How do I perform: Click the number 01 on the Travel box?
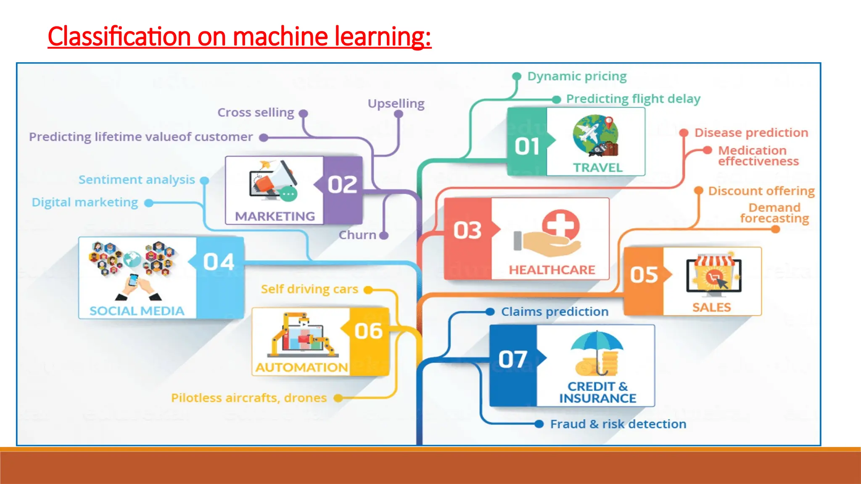point(527,147)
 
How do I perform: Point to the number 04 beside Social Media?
point(218,262)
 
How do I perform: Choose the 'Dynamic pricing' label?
point(577,76)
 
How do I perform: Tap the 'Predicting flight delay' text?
point(633,99)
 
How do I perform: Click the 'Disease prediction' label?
point(751,133)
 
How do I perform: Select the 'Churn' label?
point(357,235)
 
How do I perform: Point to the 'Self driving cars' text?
point(309,289)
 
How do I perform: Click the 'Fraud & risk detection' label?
point(618,424)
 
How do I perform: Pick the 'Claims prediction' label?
point(555,312)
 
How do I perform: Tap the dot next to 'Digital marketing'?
point(148,203)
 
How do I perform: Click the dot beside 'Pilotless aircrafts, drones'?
point(338,398)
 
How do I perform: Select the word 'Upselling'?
point(396,104)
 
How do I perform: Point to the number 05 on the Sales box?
point(644,275)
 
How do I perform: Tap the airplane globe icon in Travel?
point(595,136)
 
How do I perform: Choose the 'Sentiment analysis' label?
point(137,180)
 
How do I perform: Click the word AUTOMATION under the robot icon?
point(301,367)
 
